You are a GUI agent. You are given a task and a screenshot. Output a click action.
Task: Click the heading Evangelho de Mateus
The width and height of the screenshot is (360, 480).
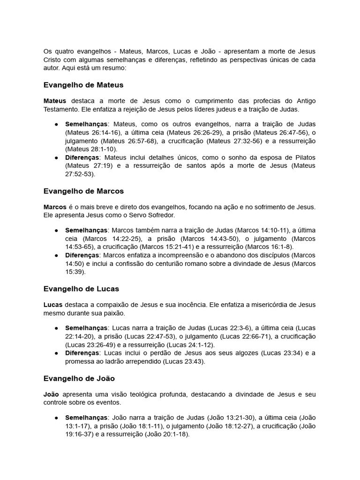pos(83,85)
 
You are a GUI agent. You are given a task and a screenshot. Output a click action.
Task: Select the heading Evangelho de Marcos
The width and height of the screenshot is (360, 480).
pos(83,191)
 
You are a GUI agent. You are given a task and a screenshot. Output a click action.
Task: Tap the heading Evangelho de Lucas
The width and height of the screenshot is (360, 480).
pos(81,289)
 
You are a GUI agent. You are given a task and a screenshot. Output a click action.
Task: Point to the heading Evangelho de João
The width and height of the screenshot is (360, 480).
pos(79,378)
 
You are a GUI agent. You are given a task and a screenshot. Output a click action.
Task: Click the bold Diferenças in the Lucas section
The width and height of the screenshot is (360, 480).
pos(82,353)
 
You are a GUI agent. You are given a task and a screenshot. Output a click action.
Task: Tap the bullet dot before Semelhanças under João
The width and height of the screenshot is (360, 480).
pos(56,417)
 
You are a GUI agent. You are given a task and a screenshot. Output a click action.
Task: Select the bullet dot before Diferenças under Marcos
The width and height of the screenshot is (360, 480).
pos(56,255)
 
